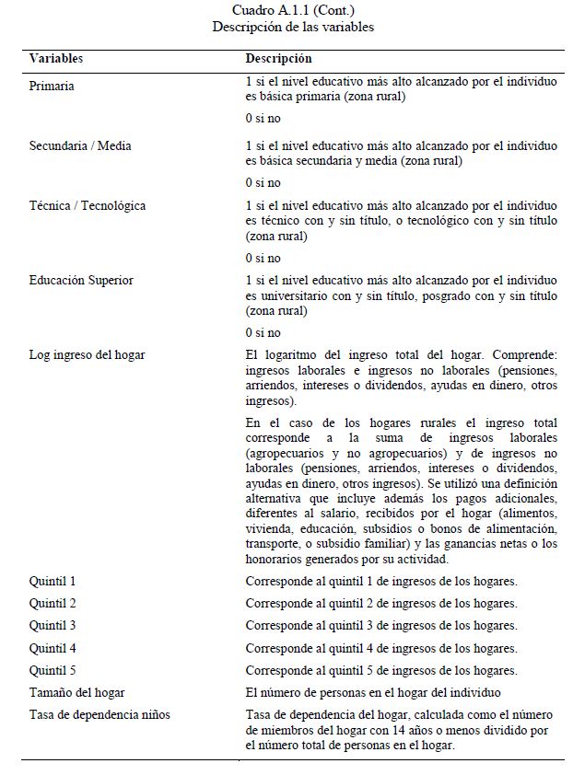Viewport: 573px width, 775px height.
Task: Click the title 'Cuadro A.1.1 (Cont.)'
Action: (293, 11)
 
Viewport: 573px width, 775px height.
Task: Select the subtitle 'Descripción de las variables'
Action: (293, 27)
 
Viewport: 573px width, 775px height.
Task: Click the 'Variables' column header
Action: (56, 59)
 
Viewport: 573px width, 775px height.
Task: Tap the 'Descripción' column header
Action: (278, 59)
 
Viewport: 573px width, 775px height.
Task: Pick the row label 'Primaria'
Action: (52, 86)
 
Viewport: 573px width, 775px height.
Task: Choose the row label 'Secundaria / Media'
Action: (80, 145)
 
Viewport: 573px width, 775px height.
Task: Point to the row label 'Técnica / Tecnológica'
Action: (88, 205)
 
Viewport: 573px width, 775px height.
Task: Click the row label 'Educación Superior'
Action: (81, 280)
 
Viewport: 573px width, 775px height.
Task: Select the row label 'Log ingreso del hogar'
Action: (87, 354)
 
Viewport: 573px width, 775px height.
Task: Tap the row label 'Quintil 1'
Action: (53, 581)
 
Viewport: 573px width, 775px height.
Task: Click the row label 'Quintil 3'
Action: (53, 626)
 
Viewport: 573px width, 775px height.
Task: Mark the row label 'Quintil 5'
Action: (53, 670)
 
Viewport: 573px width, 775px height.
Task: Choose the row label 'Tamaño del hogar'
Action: (76, 692)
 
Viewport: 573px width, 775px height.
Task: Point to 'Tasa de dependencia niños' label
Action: (99, 715)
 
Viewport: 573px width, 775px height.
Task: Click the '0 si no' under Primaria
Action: (263, 120)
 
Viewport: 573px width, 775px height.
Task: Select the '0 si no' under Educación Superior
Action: (263, 332)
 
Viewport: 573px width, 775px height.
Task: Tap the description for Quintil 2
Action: (380, 604)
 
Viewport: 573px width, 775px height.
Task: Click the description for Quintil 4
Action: (380, 648)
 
